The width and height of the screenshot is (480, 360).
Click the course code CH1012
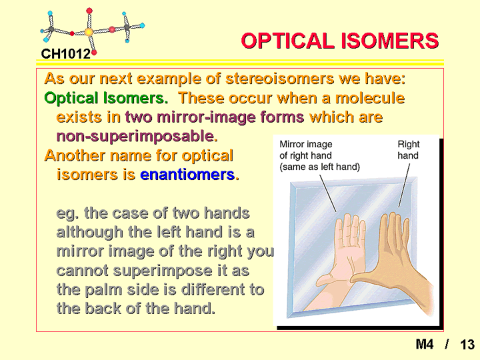coord(66,54)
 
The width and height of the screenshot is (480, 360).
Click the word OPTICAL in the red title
coord(287,41)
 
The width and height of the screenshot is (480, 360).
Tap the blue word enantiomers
coord(187,175)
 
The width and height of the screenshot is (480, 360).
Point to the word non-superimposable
coord(137,136)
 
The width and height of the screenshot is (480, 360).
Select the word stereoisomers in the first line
coord(279,79)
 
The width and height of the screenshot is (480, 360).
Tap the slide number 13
coord(467,345)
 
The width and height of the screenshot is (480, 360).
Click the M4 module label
coord(425,344)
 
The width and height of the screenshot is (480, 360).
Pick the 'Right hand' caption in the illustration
coord(409,150)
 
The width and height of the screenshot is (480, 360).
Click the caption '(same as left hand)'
coord(319,167)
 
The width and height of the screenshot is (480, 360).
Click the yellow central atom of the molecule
coord(89,32)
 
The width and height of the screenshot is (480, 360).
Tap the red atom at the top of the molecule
coord(89,11)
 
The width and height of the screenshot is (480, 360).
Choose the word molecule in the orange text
coord(370,98)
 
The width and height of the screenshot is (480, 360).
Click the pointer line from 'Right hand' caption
coord(404,185)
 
